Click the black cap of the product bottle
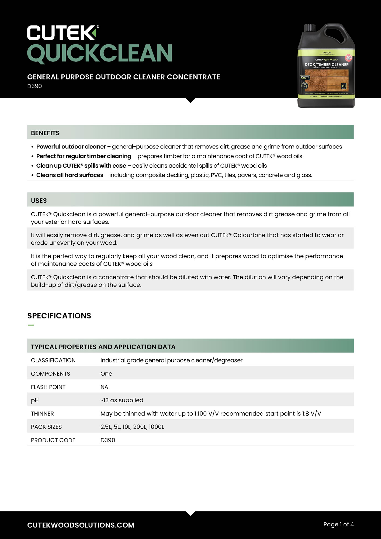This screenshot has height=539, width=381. [310, 27]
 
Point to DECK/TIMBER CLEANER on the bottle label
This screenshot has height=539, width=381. [327, 65]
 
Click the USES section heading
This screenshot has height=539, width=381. [39, 201]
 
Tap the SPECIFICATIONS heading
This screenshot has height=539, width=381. [59, 316]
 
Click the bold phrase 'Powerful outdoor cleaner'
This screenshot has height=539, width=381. [71, 147]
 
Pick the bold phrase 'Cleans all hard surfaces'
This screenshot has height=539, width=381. [70, 175]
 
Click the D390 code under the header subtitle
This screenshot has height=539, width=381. [34, 86]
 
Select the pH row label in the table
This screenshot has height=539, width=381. [35, 400]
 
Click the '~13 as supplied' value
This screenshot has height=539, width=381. [122, 400]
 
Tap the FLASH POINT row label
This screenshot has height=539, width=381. [48, 387]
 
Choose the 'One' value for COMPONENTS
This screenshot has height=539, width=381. [106, 374]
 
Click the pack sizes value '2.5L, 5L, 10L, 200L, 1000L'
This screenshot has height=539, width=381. [132, 427]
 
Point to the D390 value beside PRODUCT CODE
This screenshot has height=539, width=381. [108, 440]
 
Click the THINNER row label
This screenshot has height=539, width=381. [42, 414]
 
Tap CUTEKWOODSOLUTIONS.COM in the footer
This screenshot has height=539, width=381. [81, 525]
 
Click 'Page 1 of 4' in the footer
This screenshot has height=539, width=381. [338, 524]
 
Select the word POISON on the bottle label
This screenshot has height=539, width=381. [327, 53]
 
